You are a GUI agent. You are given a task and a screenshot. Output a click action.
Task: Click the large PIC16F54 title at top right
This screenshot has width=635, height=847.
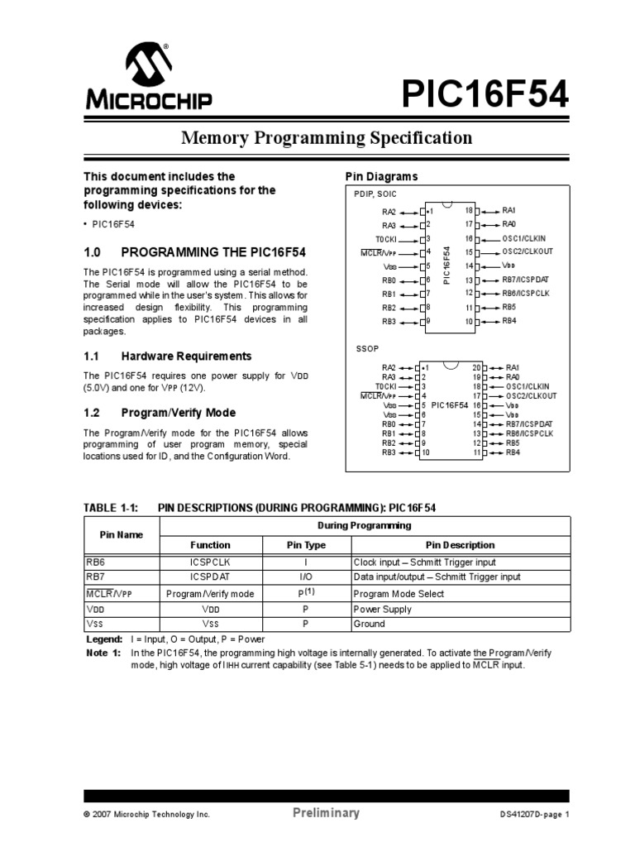[485, 93]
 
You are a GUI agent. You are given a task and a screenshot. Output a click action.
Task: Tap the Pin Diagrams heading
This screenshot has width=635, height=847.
[381, 177]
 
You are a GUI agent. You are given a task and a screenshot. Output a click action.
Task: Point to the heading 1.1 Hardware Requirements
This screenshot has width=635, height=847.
[168, 356]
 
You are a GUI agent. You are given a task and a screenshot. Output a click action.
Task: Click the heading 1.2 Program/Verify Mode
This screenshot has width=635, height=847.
[160, 412]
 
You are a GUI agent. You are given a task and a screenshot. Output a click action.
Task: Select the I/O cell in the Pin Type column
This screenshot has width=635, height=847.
[305, 577]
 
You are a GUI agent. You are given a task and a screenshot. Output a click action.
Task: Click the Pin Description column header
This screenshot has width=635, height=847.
[460, 545]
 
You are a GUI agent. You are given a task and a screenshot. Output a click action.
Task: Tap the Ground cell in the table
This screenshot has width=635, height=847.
[369, 624]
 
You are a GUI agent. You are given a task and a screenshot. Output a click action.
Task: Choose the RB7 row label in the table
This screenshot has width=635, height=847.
[97, 577]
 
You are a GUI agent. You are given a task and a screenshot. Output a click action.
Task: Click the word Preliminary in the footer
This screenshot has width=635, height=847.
[327, 813]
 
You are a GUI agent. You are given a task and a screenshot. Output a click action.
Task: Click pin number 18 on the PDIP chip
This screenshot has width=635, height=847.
[468, 211]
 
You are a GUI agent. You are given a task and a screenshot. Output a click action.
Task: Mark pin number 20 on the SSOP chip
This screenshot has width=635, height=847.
[476, 367]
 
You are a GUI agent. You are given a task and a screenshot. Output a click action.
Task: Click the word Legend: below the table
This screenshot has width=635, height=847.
[105, 640]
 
